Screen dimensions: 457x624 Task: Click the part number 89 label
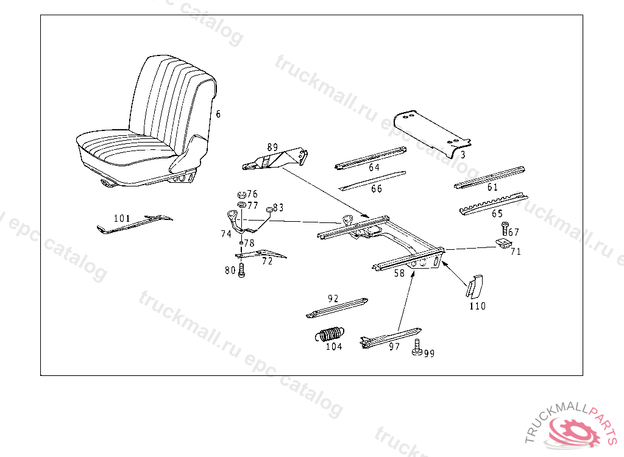click(272, 147)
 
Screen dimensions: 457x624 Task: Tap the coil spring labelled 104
click(330, 335)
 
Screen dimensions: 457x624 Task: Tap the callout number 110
click(477, 306)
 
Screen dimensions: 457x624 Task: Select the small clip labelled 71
click(503, 243)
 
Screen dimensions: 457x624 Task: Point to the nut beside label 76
click(240, 195)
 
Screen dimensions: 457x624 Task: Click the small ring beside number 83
click(268, 210)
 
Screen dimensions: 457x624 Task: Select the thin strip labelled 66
click(372, 180)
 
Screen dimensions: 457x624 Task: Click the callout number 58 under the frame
click(399, 274)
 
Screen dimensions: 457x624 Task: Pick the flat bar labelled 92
click(336, 308)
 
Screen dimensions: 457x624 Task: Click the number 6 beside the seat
click(218, 114)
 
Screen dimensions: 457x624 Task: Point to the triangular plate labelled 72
click(261, 253)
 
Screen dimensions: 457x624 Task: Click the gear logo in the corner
click(573, 430)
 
